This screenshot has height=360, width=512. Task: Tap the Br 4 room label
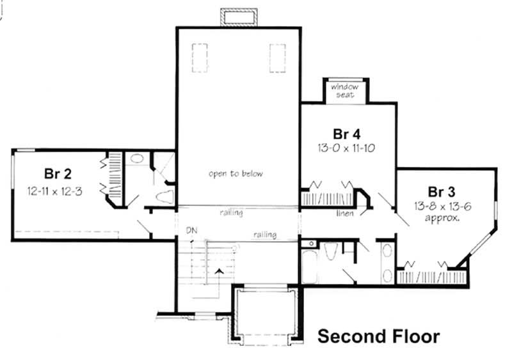(347, 134)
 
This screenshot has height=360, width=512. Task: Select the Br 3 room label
(442, 191)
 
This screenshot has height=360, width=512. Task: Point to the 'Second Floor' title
(379, 336)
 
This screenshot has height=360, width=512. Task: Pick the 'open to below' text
(236, 173)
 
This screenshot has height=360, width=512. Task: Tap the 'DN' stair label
(191, 230)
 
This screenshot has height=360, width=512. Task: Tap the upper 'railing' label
(230, 212)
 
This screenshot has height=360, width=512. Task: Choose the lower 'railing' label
(264, 235)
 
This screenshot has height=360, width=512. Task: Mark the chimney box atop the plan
(239, 18)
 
